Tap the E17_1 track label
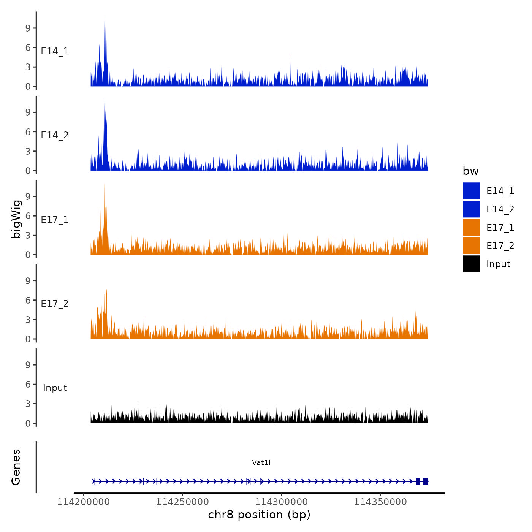point(55,220)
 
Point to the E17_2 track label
point(55,304)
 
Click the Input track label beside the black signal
point(55,388)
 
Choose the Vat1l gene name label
point(261,462)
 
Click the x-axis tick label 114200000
point(84,502)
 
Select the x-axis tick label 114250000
point(182,502)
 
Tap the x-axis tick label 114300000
point(282,502)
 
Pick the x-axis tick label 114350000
point(380,502)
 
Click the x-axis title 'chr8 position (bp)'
point(259,515)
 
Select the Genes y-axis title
point(16,467)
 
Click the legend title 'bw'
point(470,171)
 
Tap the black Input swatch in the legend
point(471,264)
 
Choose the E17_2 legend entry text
point(500,246)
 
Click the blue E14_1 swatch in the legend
point(471,191)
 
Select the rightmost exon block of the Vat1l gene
point(426,481)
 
